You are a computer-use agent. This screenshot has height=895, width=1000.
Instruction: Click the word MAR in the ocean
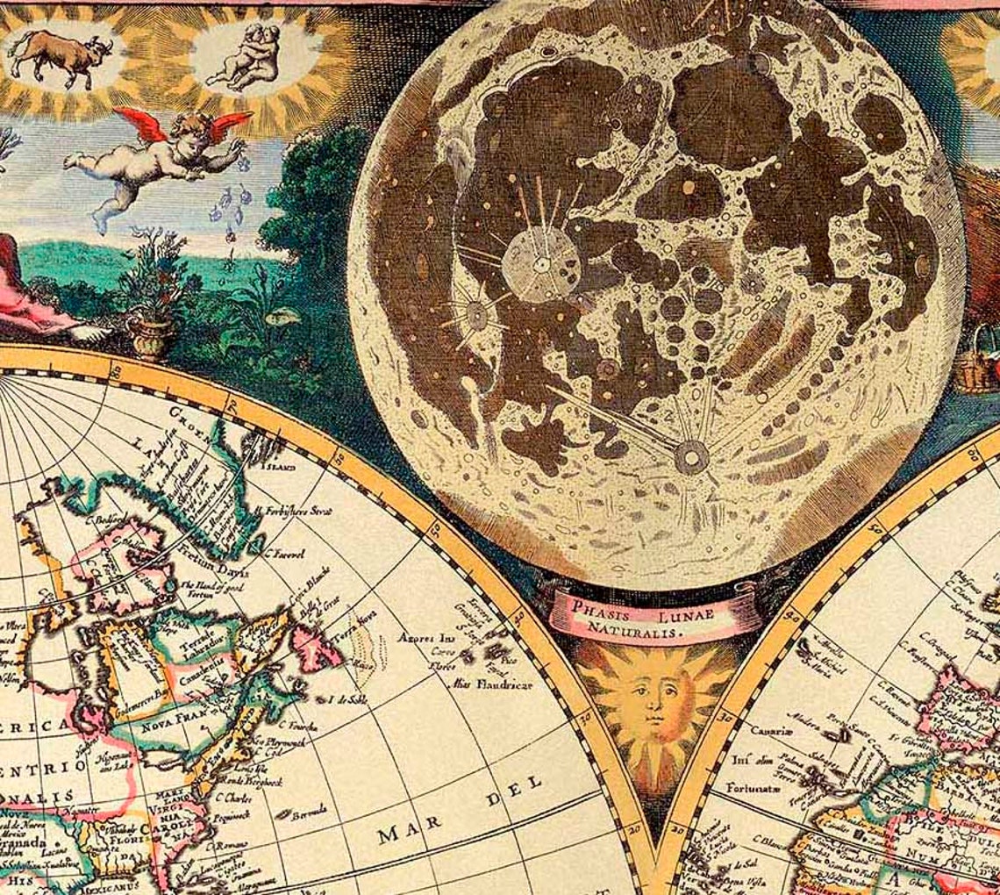click(x=397, y=833)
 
